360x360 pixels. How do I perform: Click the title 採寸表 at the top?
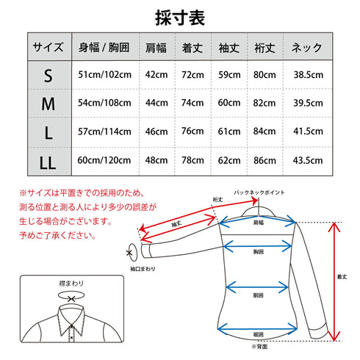pos(180,16)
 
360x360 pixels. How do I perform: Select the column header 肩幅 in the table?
pos(155,48)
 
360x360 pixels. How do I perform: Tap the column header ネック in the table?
pos(307,48)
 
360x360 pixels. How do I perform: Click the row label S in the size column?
pos(48,76)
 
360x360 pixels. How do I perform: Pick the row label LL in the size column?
pos(48,159)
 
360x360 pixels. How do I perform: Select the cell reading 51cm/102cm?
pos(104,76)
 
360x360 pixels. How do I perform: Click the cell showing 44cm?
pos(155,104)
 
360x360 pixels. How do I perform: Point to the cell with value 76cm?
pos(192,132)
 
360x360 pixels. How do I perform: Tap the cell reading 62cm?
pos(229,159)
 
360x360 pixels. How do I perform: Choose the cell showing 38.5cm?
pos(307,76)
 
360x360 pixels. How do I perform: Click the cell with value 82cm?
pos(266,104)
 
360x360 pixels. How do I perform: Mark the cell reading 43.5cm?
pos(307,159)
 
